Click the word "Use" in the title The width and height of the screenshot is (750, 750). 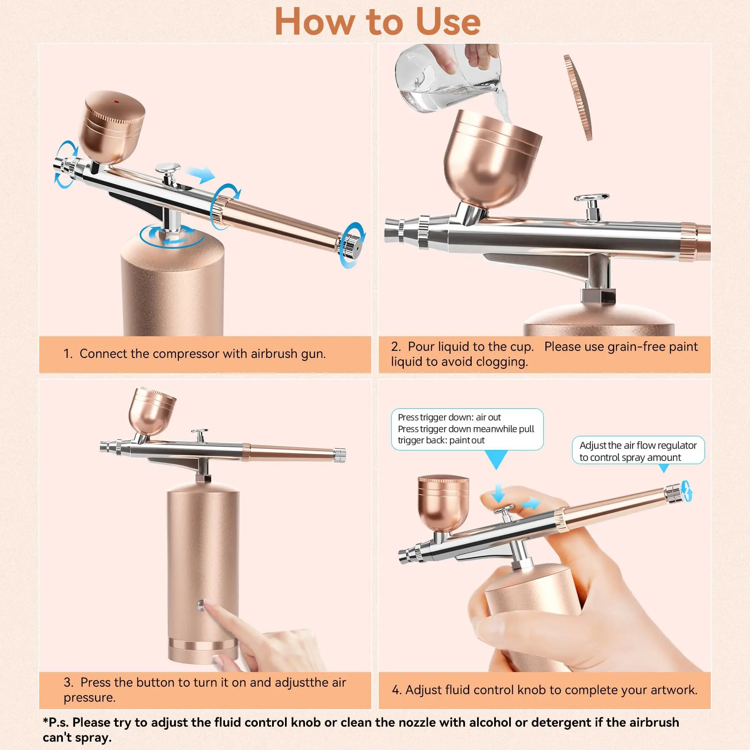coord(448,22)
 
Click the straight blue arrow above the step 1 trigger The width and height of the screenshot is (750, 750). coord(201,175)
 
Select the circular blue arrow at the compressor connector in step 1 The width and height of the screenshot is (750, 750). coord(172,236)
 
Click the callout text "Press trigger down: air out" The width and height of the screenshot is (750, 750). coord(449,417)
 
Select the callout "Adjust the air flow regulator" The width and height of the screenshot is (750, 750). coord(637,445)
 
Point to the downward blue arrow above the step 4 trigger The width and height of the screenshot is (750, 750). coord(498,494)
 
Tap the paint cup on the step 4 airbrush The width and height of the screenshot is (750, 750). coord(443,504)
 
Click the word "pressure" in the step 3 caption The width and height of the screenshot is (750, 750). coord(88,697)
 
